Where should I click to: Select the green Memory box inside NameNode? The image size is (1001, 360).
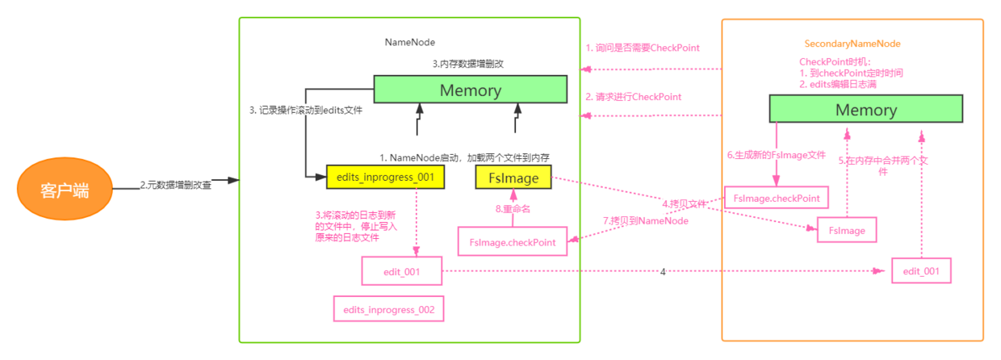click(470, 90)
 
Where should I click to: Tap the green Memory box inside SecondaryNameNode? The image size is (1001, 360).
click(865, 110)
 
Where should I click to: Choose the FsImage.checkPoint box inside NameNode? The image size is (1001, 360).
click(513, 242)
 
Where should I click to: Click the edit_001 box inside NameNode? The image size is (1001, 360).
click(401, 271)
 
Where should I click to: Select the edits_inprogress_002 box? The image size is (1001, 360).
click(388, 309)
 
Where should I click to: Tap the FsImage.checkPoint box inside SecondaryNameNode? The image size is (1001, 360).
click(777, 198)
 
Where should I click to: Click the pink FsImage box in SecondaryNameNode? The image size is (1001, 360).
click(847, 231)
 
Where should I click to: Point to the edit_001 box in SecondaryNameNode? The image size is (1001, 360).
click(921, 270)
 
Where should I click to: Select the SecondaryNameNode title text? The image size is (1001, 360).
click(852, 44)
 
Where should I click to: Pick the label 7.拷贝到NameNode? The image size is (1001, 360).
click(645, 220)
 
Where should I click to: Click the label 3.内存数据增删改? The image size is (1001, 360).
click(469, 63)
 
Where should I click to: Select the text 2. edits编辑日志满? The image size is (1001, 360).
click(838, 84)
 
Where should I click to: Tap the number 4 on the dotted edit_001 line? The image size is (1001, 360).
click(662, 272)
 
